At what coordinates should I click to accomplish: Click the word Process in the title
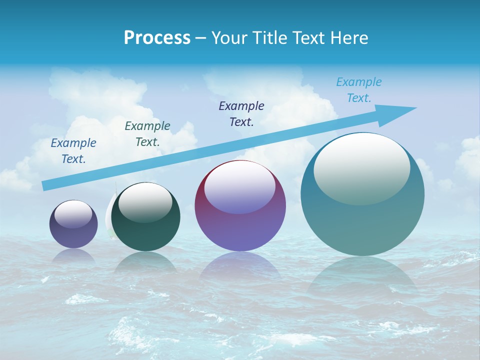pyautogui.click(x=157, y=38)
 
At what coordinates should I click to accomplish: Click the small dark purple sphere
pyautogui.click(x=73, y=230)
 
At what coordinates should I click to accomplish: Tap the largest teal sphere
pyautogui.click(x=362, y=220)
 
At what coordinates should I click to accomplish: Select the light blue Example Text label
pyautogui.click(x=359, y=90)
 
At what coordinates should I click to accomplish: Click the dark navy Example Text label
pyautogui.click(x=241, y=113)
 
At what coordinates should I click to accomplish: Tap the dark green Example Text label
pyautogui.click(x=147, y=133)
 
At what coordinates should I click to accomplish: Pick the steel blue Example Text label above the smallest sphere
pyautogui.click(x=73, y=150)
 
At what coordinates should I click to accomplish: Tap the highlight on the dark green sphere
pyautogui.click(x=145, y=202)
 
